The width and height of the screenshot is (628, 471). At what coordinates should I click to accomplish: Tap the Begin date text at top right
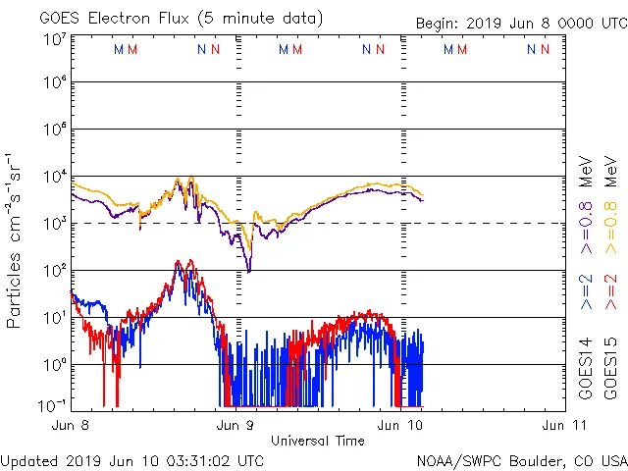[x=520, y=23]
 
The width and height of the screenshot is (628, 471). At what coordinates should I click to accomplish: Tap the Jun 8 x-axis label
[x=71, y=426]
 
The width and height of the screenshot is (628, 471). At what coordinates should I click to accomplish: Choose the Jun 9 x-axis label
[x=235, y=426]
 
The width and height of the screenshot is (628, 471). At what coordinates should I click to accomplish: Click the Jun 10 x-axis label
[x=400, y=426]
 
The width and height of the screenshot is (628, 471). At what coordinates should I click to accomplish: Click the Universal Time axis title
[x=317, y=441]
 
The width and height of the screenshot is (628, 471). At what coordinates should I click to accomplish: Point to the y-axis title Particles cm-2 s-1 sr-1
[x=16, y=240]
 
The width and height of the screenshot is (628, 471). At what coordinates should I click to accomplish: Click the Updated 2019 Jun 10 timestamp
[x=132, y=459]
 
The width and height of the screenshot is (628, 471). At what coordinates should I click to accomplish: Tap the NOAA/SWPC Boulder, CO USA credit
[x=521, y=459]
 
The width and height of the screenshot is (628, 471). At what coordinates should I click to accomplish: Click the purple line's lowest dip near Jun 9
[x=248, y=270]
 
